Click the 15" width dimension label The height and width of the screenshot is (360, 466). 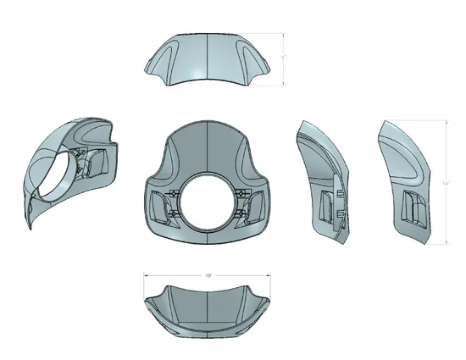208,275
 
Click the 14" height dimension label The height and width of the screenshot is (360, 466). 447,182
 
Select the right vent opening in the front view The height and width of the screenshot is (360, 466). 255,206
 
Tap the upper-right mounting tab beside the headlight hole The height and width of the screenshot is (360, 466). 242,194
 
